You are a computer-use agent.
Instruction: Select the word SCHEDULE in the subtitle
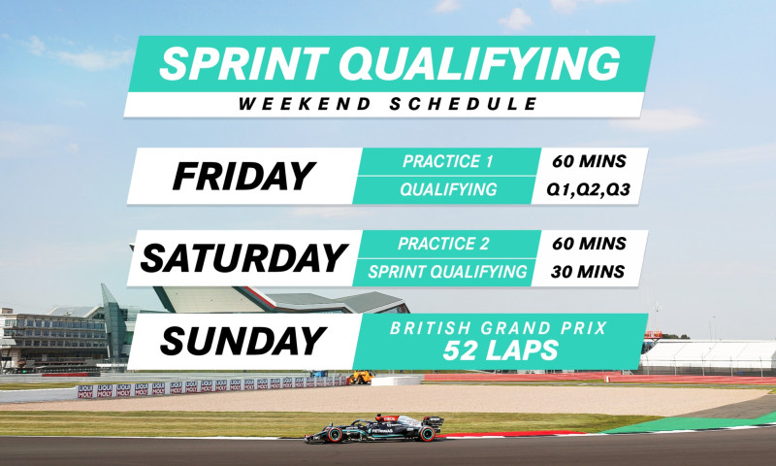pos(461,104)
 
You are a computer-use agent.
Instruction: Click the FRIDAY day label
pos(243,176)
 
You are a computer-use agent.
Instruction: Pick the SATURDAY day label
pos(243,258)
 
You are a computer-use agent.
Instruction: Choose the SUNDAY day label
pos(242,341)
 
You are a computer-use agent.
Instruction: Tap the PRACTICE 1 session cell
pos(448,162)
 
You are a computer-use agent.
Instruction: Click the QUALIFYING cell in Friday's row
pos(448,190)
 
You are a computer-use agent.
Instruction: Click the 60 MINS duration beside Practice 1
pos(588,162)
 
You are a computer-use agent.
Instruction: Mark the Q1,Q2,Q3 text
pos(588,190)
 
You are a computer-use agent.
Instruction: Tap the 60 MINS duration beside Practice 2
pos(588,244)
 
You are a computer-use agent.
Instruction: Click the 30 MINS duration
pos(588,272)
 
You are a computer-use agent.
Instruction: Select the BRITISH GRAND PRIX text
pos(499,328)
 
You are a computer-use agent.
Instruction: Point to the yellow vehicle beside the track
pos(359,378)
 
